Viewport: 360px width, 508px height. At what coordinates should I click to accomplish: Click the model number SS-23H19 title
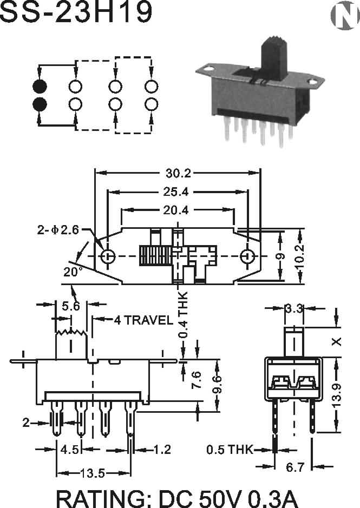click(x=76, y=12)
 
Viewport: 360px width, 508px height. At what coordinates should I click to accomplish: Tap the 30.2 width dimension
click(x=178, y=173)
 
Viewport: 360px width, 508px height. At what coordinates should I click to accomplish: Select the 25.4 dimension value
click(x=175, y=192)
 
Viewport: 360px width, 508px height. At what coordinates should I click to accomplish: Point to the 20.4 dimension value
click(x=175, y=210)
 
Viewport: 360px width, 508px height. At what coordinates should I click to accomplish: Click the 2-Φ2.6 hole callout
click(x=58, y=230)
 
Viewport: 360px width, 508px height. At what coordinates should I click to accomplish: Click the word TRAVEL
click(x=148, y=320)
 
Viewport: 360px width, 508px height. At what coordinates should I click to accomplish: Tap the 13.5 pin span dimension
click(x=93, y=473)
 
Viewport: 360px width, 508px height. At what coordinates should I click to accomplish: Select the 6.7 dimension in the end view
click(x=295, y=467)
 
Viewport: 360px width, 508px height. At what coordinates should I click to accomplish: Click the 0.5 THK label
click(x=230, y=450)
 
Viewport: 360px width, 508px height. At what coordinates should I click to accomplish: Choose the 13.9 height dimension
click(x=337, y=397)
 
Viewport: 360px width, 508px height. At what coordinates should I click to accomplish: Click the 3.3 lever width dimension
click(x=294, y=308)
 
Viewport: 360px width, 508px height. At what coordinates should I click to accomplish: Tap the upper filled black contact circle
click(x=40, y=87)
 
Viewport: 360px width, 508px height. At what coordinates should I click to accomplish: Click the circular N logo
click(x=345, y=15)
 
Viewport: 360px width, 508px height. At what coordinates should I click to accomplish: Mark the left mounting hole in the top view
click(x=108, y=256)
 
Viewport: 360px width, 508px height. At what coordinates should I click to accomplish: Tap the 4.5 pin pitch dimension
click(x=70, y=450)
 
